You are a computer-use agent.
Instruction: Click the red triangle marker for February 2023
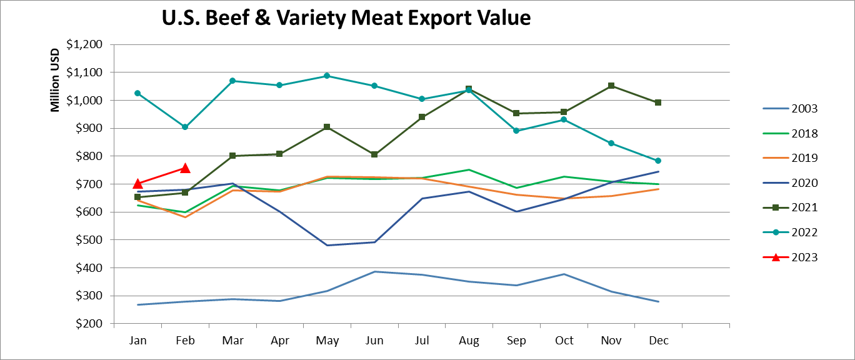[185, 168]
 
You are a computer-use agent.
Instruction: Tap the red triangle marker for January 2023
[137, 184]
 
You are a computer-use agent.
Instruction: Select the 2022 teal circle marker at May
[327, 76]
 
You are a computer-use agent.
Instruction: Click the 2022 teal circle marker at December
[657, 161]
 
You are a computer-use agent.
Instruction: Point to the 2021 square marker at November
[611, 86]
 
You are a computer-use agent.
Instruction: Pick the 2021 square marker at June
[374, 154]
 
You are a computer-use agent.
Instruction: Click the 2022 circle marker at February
[185, 127]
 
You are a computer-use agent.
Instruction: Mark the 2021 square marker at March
[232, 156]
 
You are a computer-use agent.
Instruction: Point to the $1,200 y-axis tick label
[87, 45]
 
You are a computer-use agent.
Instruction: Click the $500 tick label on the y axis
[91, 240]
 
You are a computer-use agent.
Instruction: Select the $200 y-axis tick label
[91, 324]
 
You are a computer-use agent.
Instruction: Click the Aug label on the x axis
[469, 341]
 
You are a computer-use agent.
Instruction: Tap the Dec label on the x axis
[658, 341]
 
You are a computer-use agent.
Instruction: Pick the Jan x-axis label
[137, 341]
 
